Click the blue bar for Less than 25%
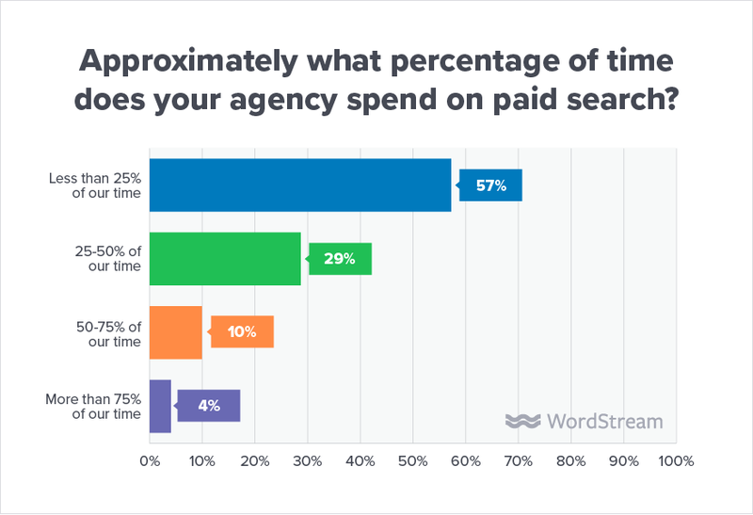tap(300, 185)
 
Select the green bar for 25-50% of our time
tap(225, 259)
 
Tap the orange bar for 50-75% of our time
tap(175, 332)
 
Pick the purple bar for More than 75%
tap(160, 406)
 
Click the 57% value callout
tap(491, 185)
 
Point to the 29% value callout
tap(341, 259)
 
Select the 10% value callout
tap(242, 332)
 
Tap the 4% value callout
tap(209, 406)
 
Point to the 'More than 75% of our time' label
tap(94, 406)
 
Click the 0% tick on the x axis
tap(150, 461)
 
